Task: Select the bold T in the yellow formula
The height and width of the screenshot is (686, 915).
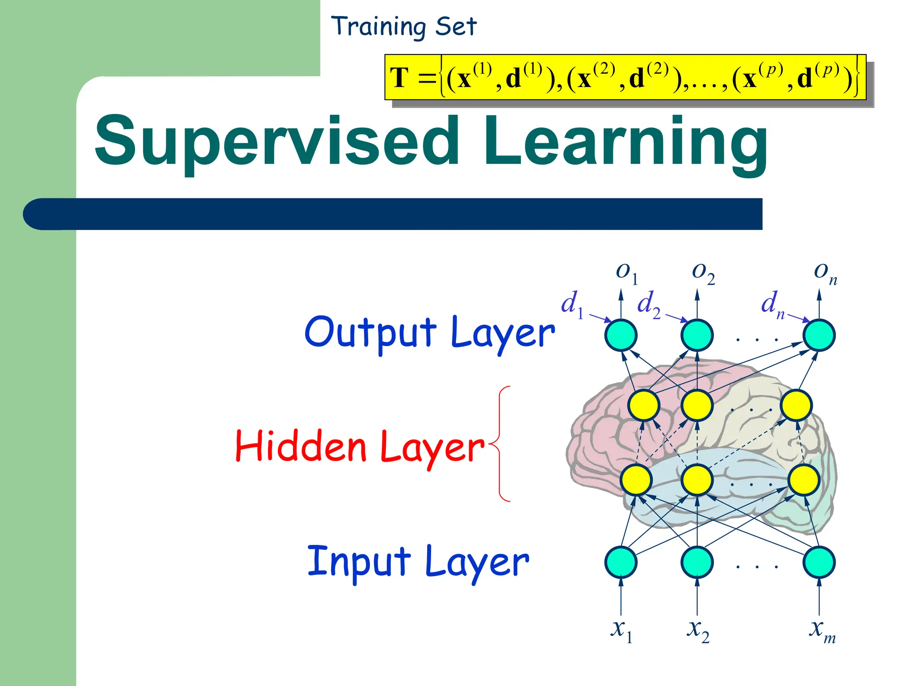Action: coord(399,78)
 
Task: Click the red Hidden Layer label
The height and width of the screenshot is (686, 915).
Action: coord(360,447)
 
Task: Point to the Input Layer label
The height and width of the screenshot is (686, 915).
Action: coord(418,562)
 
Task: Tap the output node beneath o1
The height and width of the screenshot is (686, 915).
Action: coord(621,335)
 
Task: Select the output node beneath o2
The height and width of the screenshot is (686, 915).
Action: coord(697,335)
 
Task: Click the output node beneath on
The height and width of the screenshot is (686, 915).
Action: coord(819,335)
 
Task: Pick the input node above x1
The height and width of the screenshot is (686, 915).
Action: coord(621,562)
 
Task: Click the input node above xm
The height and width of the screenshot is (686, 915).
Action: coord(819,562)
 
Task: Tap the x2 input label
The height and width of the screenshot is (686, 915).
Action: coord(698,630)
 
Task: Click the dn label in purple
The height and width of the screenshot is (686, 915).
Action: coord(772,305)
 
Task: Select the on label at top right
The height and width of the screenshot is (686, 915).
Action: coord(825,272)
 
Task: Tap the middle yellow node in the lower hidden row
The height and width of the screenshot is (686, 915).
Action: coord(697,480)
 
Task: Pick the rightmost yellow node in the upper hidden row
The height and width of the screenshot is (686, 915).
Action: coord(796,405)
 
